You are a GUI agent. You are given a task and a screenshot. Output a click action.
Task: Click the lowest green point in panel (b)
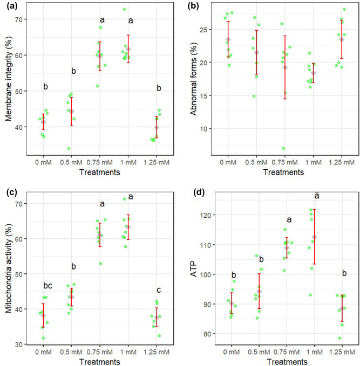[283, 148]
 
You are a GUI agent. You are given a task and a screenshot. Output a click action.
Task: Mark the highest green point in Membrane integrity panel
[124, 9]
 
